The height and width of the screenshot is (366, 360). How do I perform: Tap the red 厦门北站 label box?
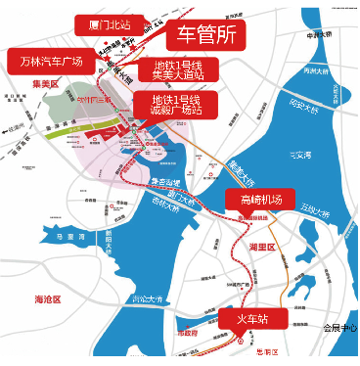(x=109, y=23)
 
